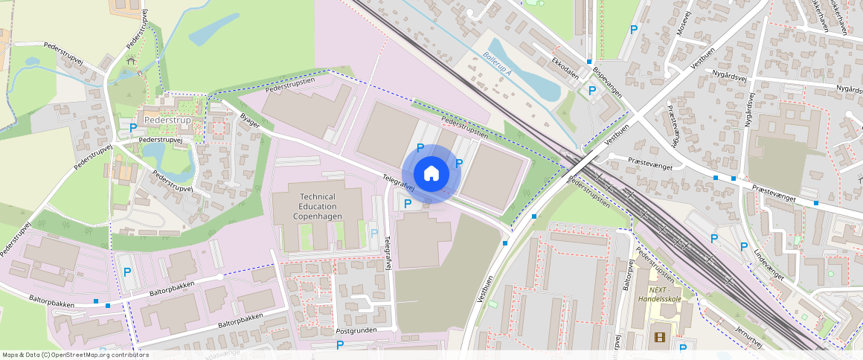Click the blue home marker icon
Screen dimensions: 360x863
pyautogui.click(x=431, y=173)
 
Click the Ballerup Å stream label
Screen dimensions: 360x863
pyautogui.click(x=497, y=64)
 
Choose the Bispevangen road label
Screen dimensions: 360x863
pyautogui.click(x=607, y=81)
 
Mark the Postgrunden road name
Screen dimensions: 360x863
pyautogui.click(x=356, y=330)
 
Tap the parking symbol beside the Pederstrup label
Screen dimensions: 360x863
pyautogui.click(x=133, y=128)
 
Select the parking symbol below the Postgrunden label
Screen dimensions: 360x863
pyautogui.click(x=340, y=344)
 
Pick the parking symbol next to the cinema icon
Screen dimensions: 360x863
pyautogui.click(x=683, y=347)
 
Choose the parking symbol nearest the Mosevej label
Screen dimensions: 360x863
pyautogui.click(x=634, y=30)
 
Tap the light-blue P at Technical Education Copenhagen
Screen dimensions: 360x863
pyautogui.click(x=373, y=234)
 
